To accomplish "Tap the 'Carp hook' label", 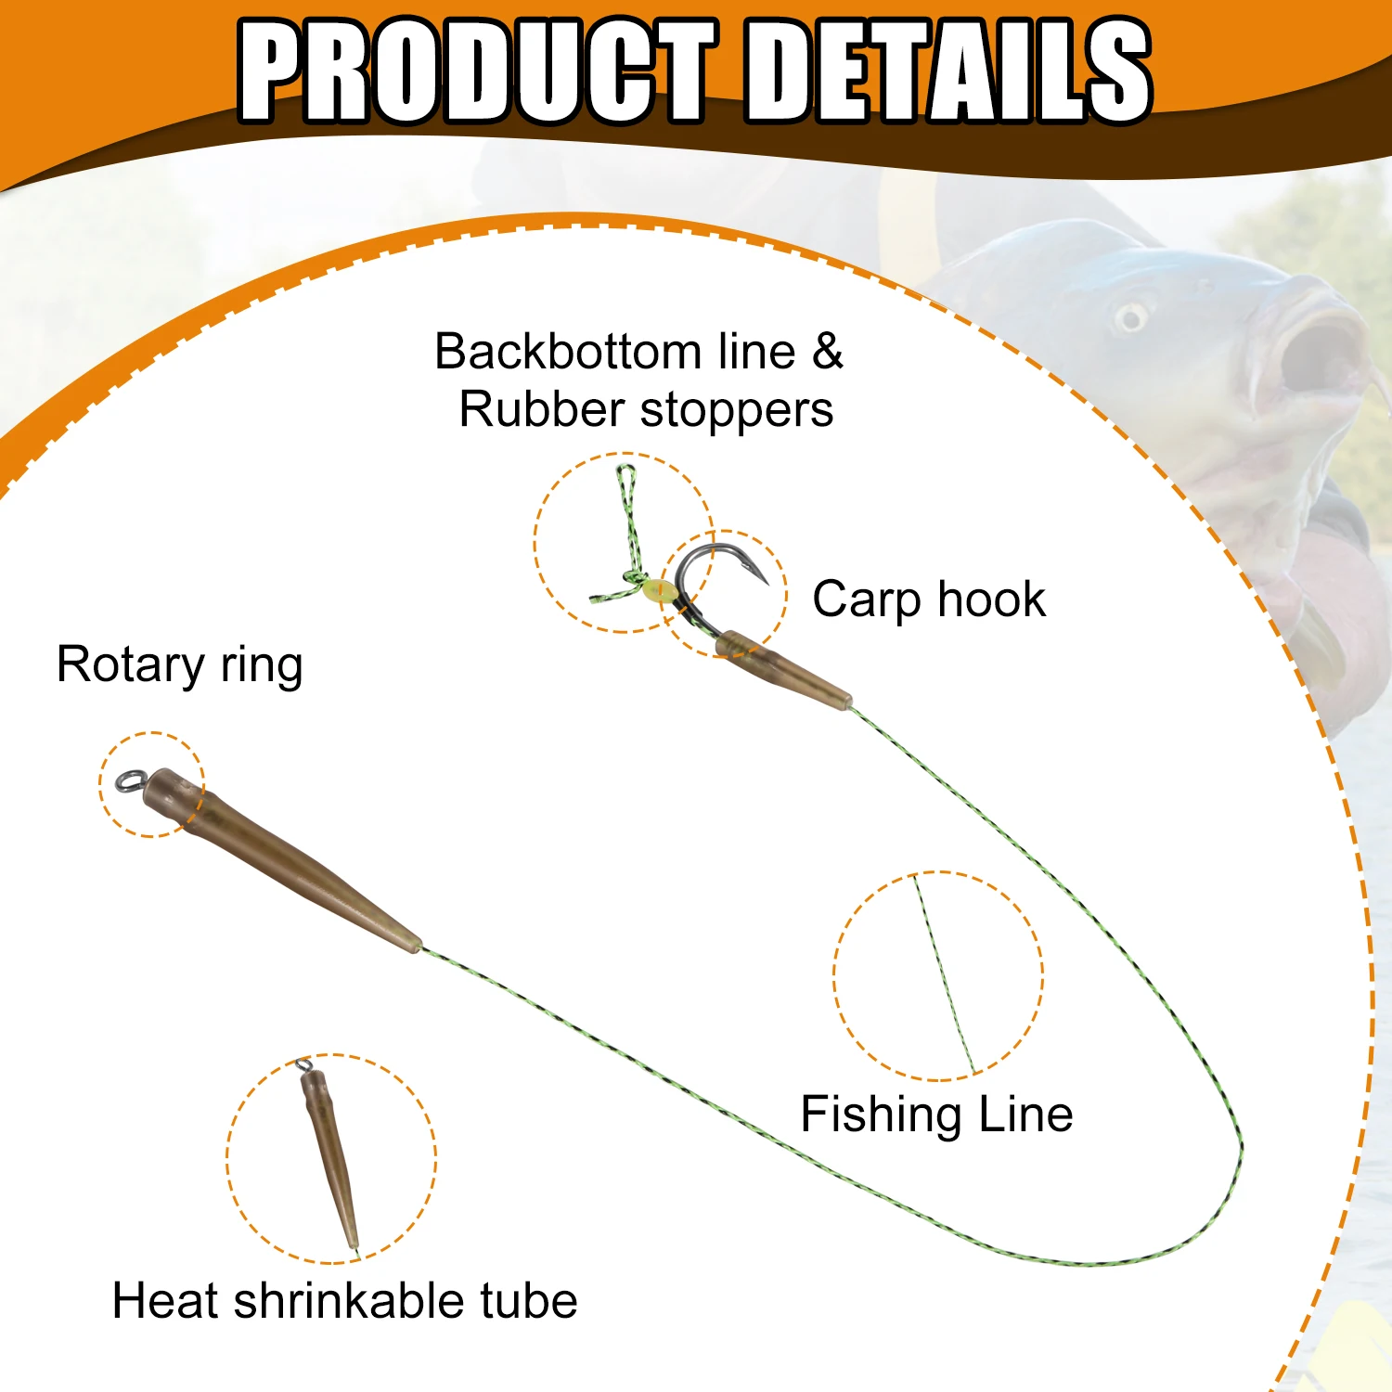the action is (929, 599).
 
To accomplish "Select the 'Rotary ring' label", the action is (180, 666).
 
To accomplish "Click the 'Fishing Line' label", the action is (936, 1115).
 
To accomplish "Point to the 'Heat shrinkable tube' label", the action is (344, 1300).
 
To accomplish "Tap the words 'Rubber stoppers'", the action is (646, 410).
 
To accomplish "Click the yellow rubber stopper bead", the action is (657, 590).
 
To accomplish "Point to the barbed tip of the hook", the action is (767, 583).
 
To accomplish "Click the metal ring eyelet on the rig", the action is (129, 781).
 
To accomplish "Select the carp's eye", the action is (1131, 317).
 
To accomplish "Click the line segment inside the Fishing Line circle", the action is (944, 973).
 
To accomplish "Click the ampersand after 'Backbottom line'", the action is (828, 352).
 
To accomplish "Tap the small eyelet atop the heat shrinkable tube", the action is (303, 1065).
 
